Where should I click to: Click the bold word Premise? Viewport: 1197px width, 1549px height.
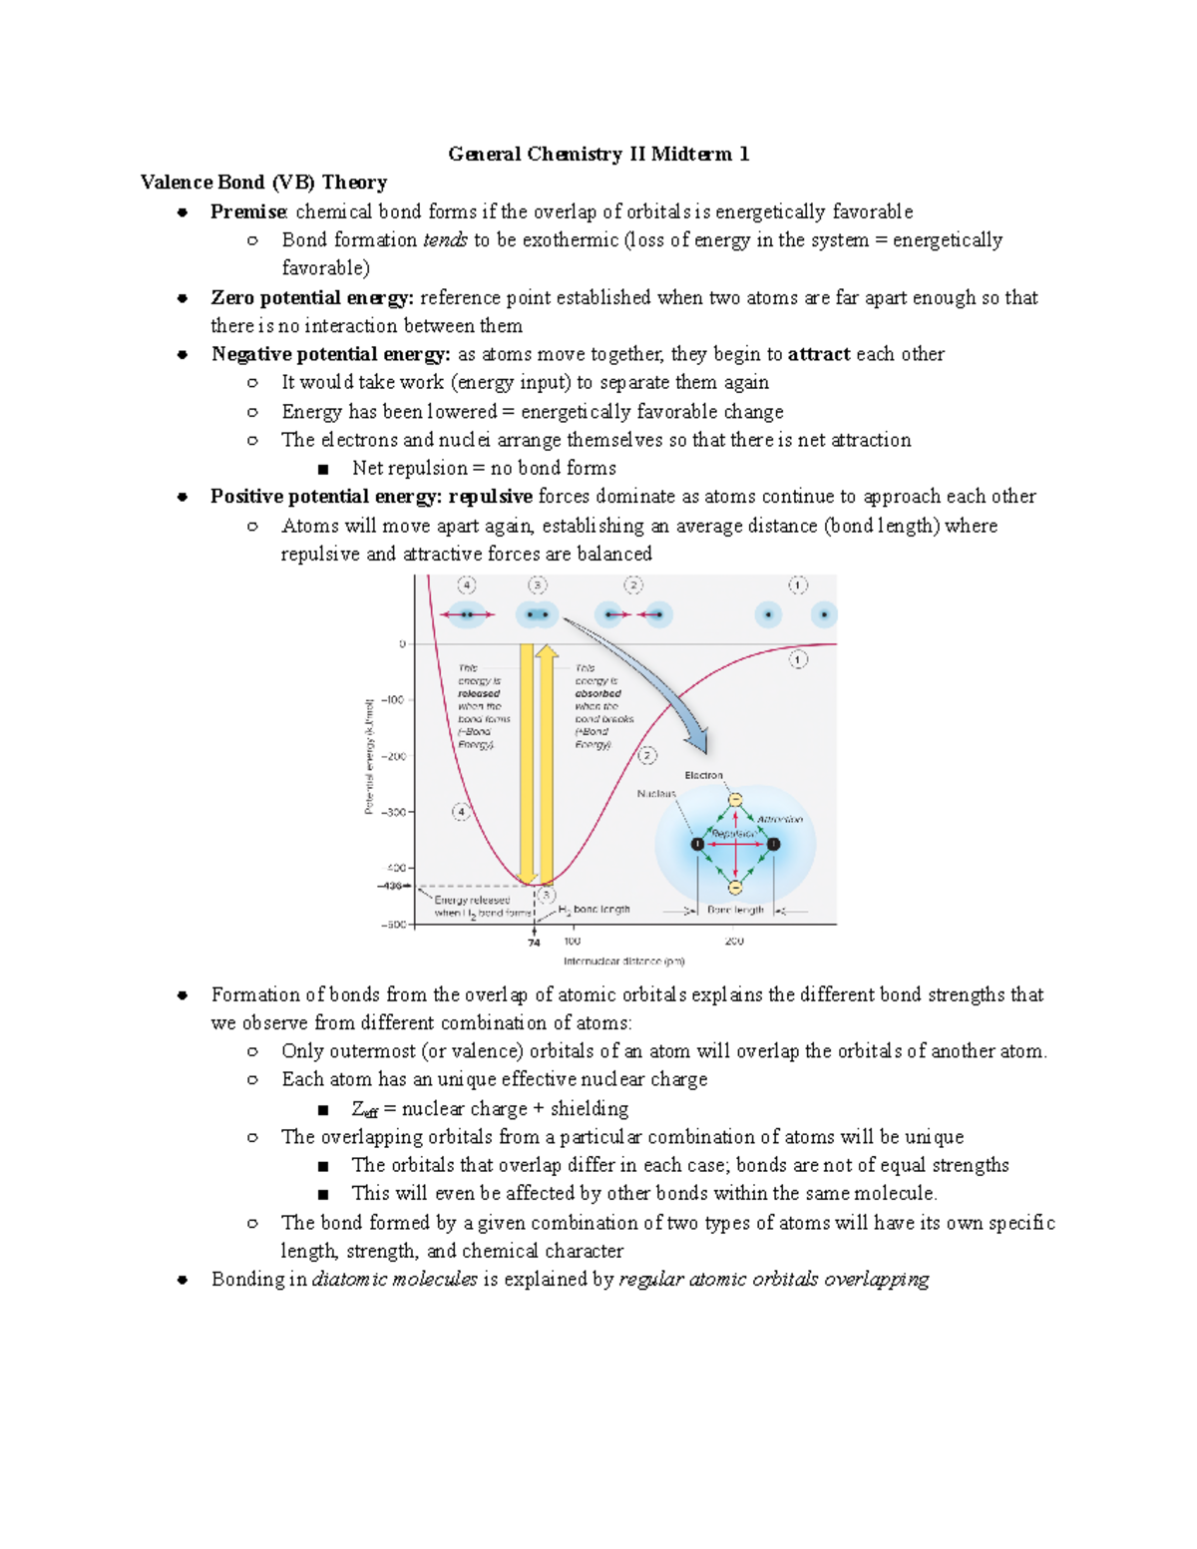248,211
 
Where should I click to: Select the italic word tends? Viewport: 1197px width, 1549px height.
445,240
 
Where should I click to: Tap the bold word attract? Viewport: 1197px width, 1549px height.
819,354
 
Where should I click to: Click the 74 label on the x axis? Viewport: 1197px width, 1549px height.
534,943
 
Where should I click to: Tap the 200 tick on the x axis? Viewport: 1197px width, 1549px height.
734,942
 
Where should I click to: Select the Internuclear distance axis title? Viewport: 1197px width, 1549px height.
623,962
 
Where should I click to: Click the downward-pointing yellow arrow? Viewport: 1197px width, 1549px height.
527,758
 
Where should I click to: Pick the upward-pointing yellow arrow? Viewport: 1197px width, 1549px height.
547,758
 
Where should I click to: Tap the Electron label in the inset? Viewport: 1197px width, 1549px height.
703,775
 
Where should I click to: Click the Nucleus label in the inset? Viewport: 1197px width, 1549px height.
655,794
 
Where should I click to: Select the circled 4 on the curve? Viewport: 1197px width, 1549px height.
461,812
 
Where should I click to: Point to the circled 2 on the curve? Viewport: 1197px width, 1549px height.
647,756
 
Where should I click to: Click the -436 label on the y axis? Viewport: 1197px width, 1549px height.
390,886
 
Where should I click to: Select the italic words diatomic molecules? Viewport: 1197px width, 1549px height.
394,1280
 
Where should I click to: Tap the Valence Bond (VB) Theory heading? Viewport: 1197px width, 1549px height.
263,182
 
